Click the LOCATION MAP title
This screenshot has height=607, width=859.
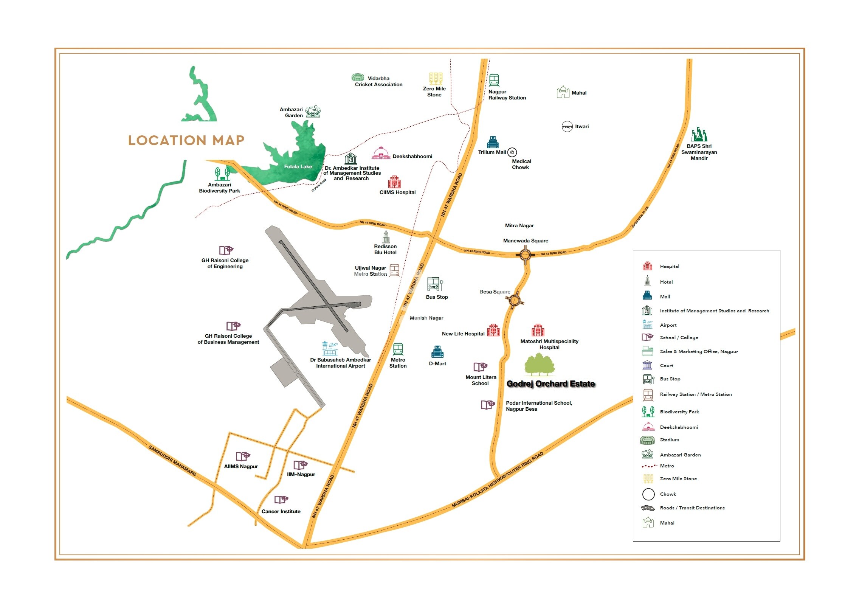pyautogui.click(x=186, y=140)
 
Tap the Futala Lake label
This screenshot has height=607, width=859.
pyautogui.click(x=298, y=166)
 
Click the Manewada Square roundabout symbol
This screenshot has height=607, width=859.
pyautogui.click(x=525, y=255)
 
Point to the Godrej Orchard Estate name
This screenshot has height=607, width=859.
pyautogui.click(x=550, y=384)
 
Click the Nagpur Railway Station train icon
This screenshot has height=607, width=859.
pyautogui.click(x=494, y=80)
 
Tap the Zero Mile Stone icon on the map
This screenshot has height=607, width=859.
pyautogui.click(x=436, y=78)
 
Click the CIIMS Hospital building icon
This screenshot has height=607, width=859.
pyautogui.click(x=394, y=182)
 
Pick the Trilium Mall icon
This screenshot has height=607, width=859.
pyautogui.click(x=493, y=142)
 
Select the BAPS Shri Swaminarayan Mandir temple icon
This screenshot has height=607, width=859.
pyautogui.click(x=699, y=135)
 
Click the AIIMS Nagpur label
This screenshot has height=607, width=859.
pyautogui.click(x=241, y=466)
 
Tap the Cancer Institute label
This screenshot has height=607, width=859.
pyautogui.click(x=281, y=511)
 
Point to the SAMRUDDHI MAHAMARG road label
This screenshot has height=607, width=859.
pyautogui.click(x=172, y=461)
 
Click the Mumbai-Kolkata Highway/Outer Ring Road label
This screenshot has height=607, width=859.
pyautogui.click(x=497, y=480)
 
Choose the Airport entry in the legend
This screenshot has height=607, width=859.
pyautogui.click(x=668, y=325)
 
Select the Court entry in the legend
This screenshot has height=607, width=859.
pyautogui.click(x=666, y=365)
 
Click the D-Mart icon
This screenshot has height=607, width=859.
pyautogui.click(x=437, y=352)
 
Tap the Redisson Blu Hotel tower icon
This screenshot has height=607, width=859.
pyautogui.click(x=386, y=237)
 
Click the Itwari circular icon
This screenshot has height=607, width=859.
pyautogui.click(x=567, y=126)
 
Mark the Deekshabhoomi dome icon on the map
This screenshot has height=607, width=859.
pyautogui.click(x=381, y=153)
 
